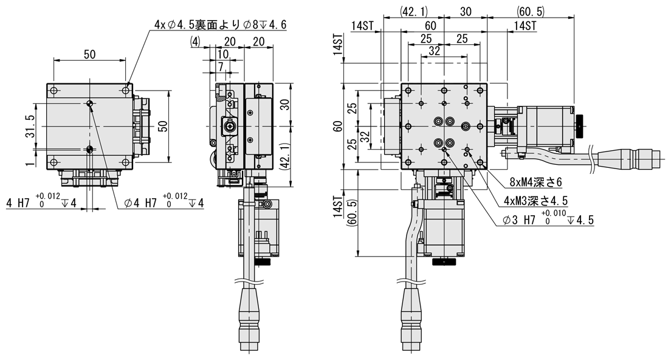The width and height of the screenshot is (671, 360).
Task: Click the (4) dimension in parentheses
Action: tap(195, 41)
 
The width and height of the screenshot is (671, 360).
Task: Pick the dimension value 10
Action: tap(222, 55)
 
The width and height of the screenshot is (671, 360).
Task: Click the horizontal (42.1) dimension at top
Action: tap(415, 11)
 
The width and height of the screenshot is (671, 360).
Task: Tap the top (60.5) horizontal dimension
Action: tap(531, 11)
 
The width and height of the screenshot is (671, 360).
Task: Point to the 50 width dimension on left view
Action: tap(89, 54)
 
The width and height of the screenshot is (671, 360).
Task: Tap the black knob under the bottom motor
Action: tap(445, 263)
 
